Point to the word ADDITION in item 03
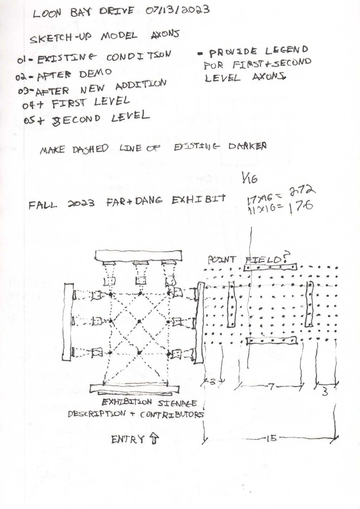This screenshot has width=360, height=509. (141, 85)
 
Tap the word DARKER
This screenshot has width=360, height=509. (247, 146)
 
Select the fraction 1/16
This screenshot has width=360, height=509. (250, 179)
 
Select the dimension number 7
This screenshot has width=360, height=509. (271, 386)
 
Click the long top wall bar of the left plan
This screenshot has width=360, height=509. (138, 256)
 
